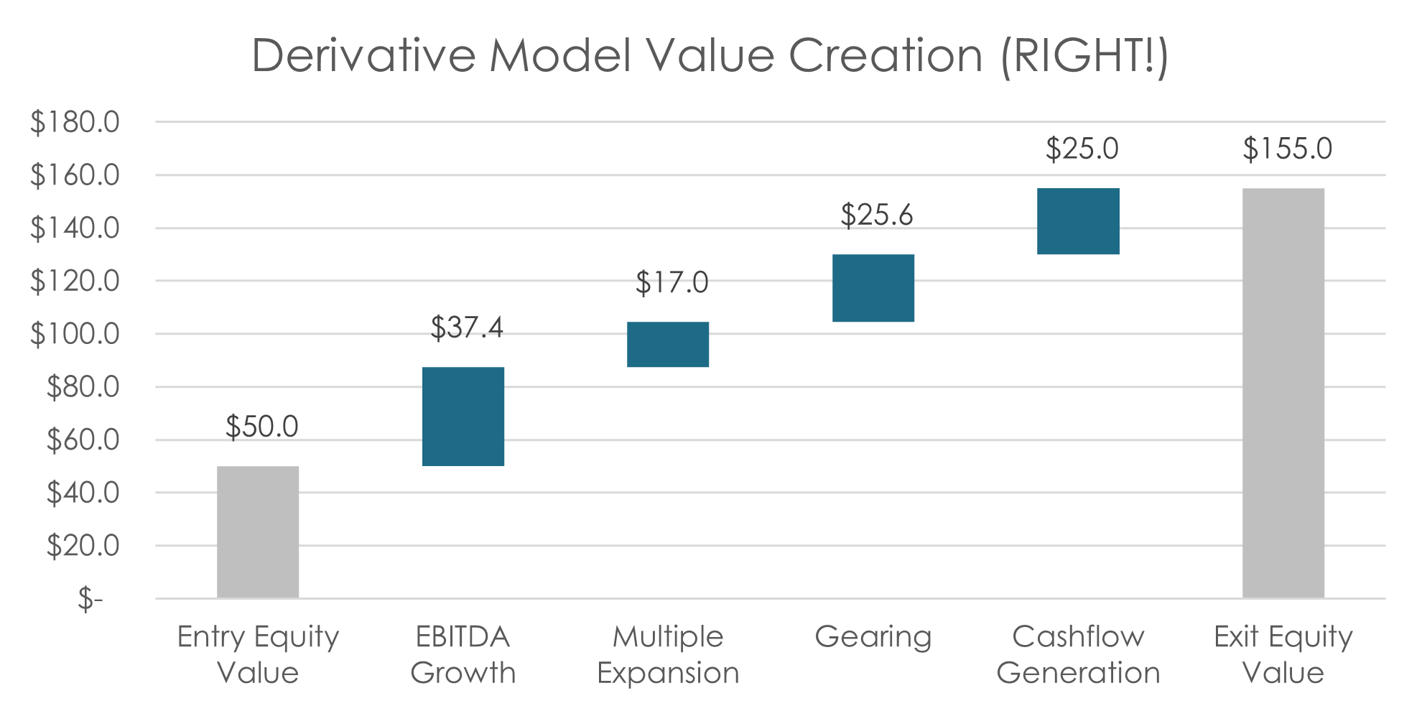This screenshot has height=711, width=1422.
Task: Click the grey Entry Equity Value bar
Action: tap(258, 531)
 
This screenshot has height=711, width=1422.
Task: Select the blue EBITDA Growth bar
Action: tap(463, 417)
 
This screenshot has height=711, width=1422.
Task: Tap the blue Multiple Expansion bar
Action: tap(668, 345)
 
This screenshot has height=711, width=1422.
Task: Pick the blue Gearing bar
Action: tap(873, 288)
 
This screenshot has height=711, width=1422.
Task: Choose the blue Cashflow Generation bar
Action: tap(1078, 221)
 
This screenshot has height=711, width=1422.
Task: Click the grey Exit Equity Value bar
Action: tap(1283, 393)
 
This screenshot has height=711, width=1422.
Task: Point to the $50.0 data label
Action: tap(262, 427)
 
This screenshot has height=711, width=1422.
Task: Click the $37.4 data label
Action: tap(467, 327)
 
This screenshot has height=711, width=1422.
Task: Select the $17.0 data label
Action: tap(672, 282)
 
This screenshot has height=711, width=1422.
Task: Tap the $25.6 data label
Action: tap(877, 215)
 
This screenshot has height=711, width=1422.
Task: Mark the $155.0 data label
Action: tap(1287, 149)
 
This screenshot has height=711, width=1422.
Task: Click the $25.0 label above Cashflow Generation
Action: tap(1082, 149)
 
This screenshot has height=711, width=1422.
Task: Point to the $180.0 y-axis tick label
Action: tap(75, 122)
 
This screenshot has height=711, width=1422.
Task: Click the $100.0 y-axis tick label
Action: tap(75, 334)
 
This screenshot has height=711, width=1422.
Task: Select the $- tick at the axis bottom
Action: tap(90, 598)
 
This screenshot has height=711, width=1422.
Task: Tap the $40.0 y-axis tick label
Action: tap(83, 493)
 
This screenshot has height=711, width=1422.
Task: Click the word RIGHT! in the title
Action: tap(1084, 55)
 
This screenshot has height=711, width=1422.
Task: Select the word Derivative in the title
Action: tap(363, 55)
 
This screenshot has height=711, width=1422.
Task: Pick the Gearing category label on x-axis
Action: tap(873, 637)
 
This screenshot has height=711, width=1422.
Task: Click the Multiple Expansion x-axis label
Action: tap(668, 655)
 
